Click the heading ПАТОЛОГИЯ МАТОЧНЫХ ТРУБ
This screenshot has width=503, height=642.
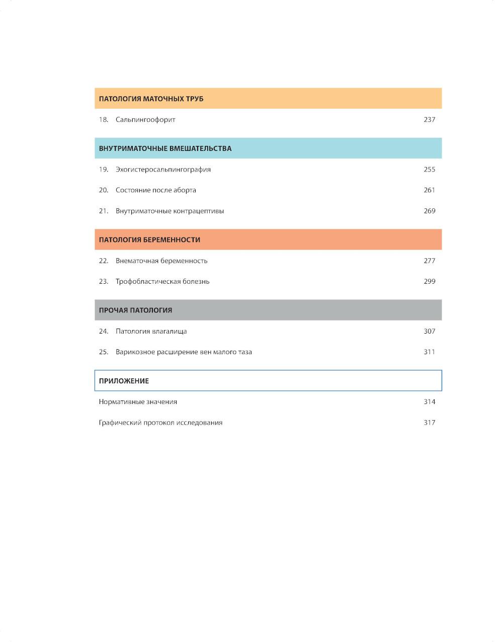click(x=151, y=99)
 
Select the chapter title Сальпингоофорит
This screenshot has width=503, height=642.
click(x=145, y=120)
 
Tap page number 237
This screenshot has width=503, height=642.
click(x=429, y=120)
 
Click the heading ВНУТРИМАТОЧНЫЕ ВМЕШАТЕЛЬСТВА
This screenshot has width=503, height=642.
click(x=165, y=148)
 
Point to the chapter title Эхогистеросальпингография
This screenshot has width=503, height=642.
click(x=163, y=170)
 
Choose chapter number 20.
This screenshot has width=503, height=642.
click(x=104, y=190)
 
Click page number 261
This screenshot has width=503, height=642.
click(x=429, y=190)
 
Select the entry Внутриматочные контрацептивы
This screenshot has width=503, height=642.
click(x=170, y=211)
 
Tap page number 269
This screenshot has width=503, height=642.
click(x=429, y=211)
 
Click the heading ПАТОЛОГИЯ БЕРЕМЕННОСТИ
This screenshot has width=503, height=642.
click(x=149, y=240)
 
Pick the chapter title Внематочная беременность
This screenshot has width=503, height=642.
click(x=161, y=261)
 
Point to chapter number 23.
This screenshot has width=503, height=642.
click(x=104, y=282)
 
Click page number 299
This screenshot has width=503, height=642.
click(x=429, y=282)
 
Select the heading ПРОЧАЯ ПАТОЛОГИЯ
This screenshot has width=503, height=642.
click(x=135, y=310)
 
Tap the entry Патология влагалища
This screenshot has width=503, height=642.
click(x=151, y=332)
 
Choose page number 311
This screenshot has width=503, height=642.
click(x=429, y=352)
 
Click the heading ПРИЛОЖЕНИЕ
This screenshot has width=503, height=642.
click(x=124, y=381)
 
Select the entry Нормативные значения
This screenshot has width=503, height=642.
click(x=138, y=402)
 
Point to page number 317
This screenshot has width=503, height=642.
click(x=429, y=423)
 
